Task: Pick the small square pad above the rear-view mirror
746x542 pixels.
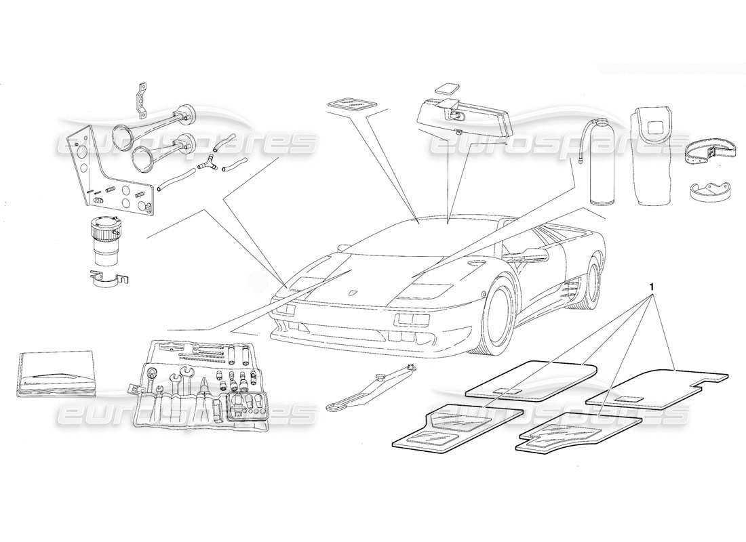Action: click(x=448, y=89)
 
